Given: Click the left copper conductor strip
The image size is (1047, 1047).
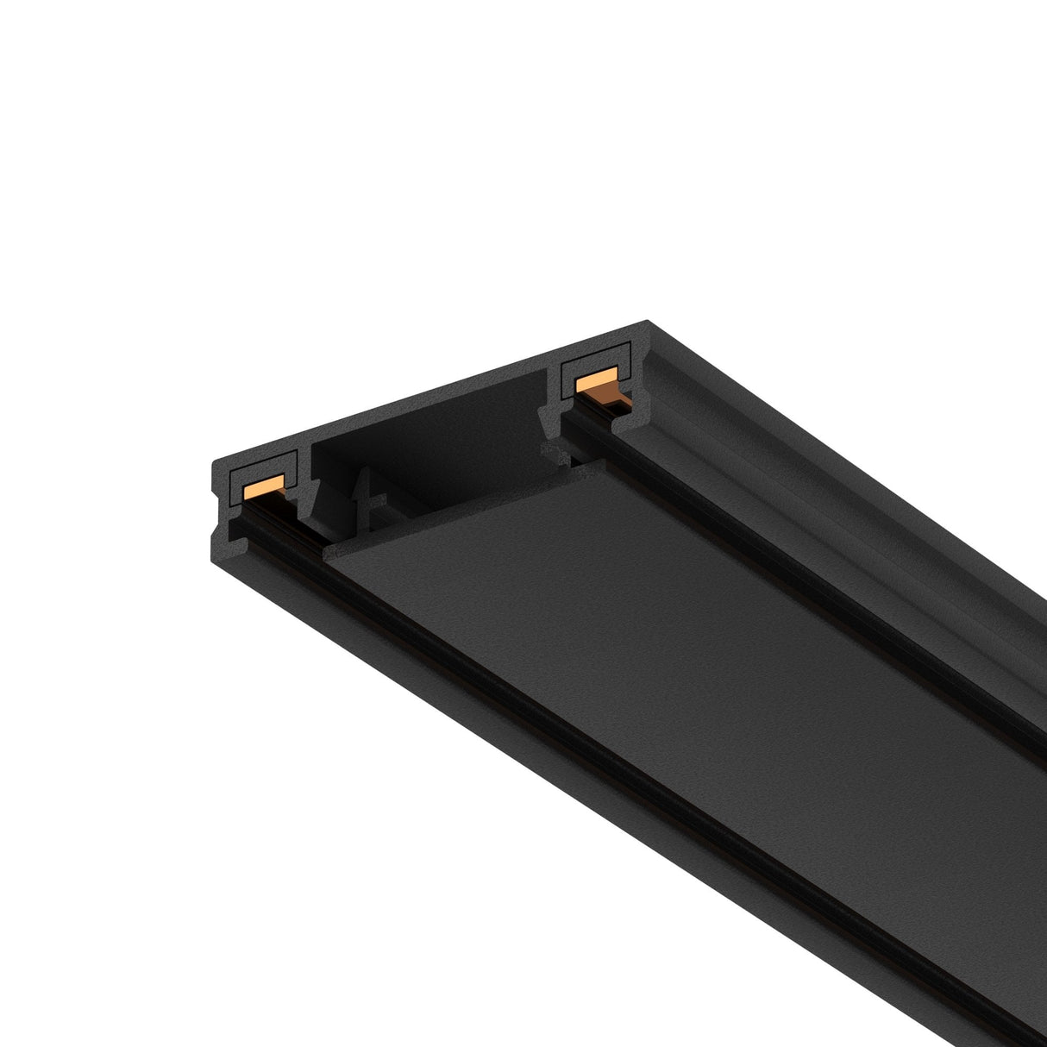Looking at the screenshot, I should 264,488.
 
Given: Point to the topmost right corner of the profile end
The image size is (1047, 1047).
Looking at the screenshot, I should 648,321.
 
